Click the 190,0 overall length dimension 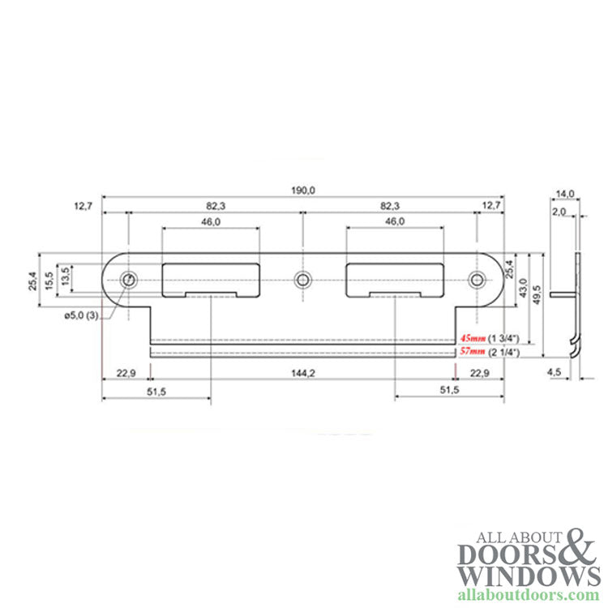tap(303, 190)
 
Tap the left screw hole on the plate tap(128, 280)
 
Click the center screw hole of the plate tap(302, 280)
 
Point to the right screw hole tap(477, 280)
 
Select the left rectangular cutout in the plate tap(211, 280)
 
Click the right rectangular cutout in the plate tap(396, 280)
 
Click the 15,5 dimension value tap(50, 280)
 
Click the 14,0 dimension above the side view tap(565, 193)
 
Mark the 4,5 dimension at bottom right tap(555, 372)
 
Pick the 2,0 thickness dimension tap(559, 211)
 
